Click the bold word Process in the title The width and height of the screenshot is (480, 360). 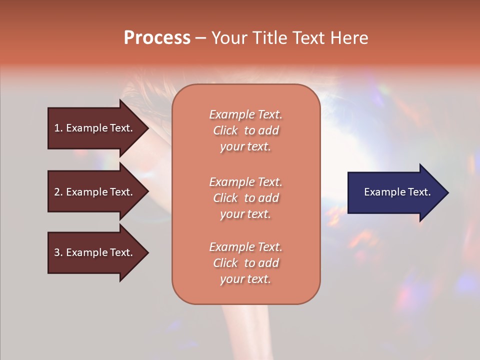point(157,38)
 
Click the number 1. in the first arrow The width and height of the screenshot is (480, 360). point(58,128)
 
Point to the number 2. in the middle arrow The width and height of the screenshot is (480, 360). point(58,192)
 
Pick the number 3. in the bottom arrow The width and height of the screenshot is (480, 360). point(58,252)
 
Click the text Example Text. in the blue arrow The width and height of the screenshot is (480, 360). point(397,192)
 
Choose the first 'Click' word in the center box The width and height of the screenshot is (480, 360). point(225,130)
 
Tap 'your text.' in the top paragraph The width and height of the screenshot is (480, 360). point(245,147)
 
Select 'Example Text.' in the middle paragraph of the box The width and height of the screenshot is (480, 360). point(245,182)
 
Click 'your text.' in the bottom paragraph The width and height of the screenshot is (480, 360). point(245,279)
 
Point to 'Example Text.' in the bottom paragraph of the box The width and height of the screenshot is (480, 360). point(245,247)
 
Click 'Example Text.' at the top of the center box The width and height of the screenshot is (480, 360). point(245,114)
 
